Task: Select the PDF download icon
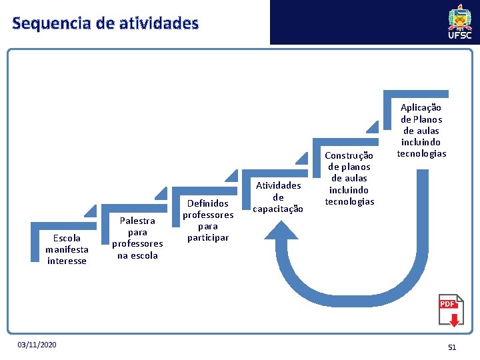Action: pos(450,311)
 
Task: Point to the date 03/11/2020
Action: pos(37,344)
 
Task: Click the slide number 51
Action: pos(452,347)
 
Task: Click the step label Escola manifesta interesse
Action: pos(67,249)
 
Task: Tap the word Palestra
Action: pos(137,221)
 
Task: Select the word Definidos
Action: pos(208,203)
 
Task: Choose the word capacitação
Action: pos(278,209)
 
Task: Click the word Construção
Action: pos(349,155)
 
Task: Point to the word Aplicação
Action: pos(421,107)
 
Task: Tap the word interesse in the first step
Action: pos(67,261)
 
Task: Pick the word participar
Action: pos(208,237)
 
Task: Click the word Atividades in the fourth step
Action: pos(278,185)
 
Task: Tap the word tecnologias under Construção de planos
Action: pos(349,201)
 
